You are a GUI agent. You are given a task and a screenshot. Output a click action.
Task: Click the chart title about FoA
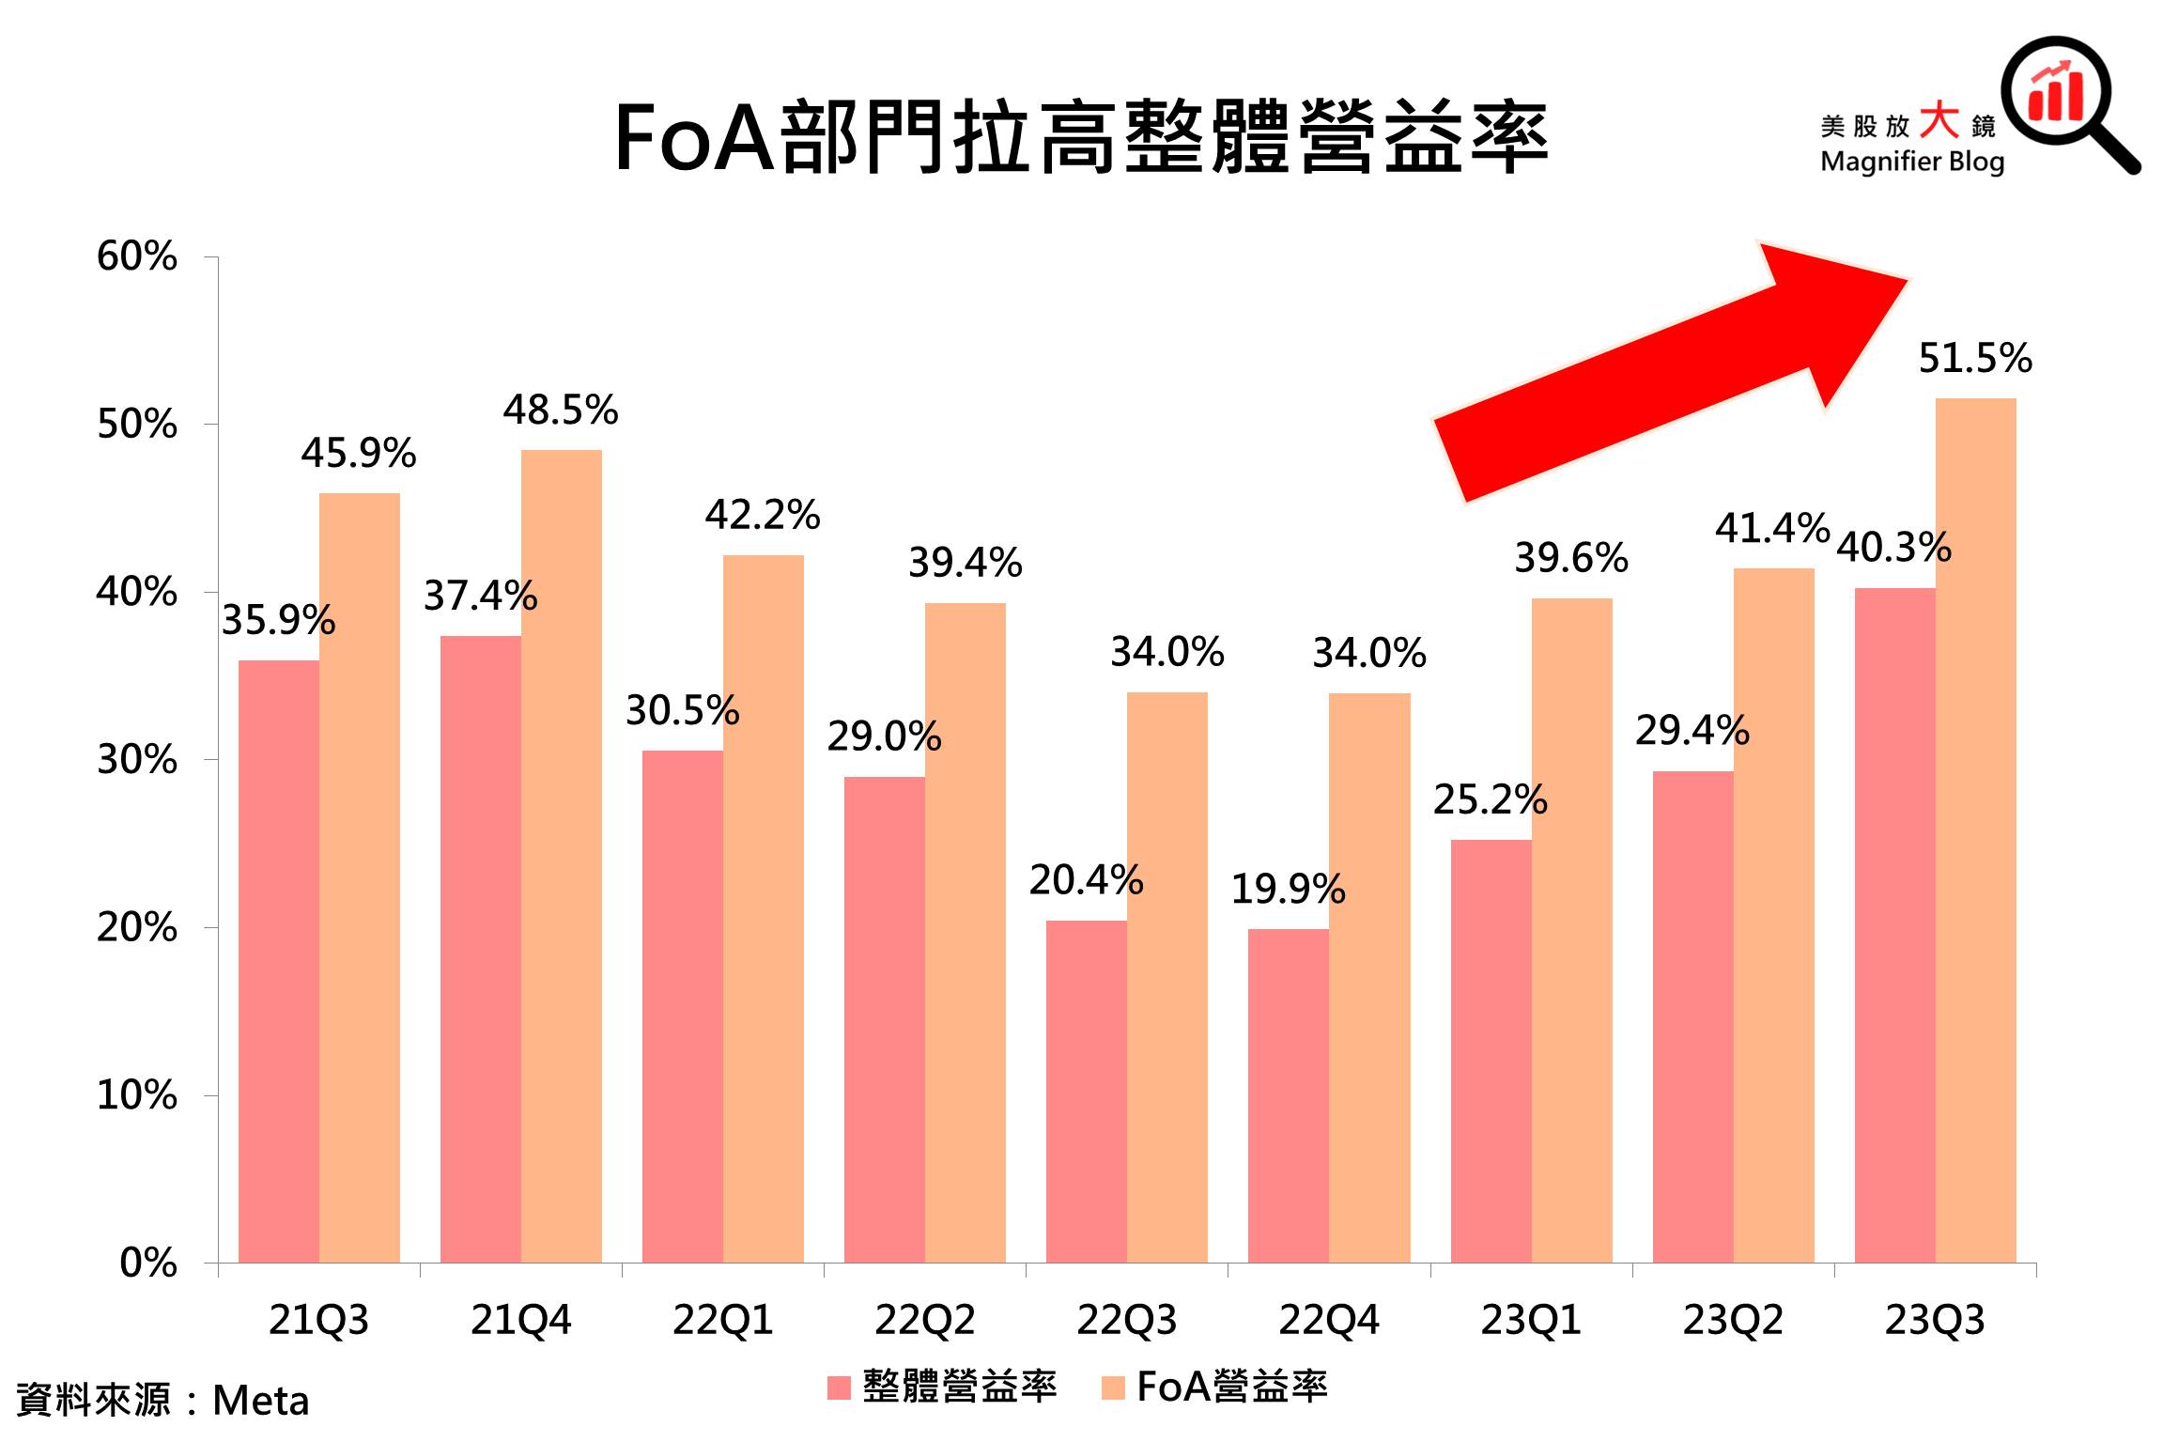point(1080,138)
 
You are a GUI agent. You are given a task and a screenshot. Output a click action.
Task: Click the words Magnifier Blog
point(1911,162)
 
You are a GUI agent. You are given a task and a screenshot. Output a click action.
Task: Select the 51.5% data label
point(1974,358)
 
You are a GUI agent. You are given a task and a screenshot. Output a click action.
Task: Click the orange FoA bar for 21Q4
point(561,855)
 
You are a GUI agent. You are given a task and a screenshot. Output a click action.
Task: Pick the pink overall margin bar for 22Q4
point(1288,1094)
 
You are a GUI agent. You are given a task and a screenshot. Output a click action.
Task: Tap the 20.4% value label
point(1086,880)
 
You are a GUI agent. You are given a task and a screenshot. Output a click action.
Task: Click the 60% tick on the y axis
point(137,256)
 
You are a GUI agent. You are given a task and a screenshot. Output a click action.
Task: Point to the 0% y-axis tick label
point(148,1264)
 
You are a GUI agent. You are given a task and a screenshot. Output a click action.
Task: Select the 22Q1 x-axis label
point(722,1321)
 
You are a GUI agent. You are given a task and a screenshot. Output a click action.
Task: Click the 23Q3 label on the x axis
point(1935,1321)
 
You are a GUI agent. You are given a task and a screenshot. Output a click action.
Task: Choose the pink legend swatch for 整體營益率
point(839,1388)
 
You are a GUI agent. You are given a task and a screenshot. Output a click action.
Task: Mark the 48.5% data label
point(561,410)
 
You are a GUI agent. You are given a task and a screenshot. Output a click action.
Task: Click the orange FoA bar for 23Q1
point(1571,930)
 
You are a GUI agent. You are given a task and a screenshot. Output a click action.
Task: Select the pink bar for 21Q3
point(278,961)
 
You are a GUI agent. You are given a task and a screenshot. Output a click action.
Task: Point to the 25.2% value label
point(1490,799)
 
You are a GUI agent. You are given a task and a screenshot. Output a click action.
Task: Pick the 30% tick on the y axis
point(137,760)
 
